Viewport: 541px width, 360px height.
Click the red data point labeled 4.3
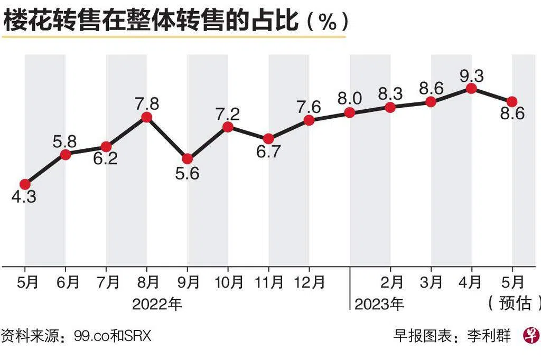pos(25,184)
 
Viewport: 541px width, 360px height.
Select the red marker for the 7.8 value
pos(147,117)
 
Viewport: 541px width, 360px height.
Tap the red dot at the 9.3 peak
pos(471,89)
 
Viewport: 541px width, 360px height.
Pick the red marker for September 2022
pos(187,158)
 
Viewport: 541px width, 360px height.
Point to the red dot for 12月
pos(309,120)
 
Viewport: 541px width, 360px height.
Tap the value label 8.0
pos(350,98)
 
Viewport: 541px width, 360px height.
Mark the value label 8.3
pos(390,94)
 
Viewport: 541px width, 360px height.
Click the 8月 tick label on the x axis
pos(147,283)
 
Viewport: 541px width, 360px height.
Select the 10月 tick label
pos(228,283)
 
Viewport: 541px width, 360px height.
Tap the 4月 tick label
pos(471,283)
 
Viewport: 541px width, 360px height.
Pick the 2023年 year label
pos(379,305)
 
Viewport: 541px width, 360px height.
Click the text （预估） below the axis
pos(513,304)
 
